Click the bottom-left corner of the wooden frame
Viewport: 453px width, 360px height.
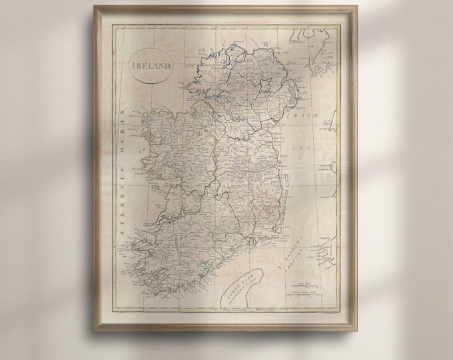95,330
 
